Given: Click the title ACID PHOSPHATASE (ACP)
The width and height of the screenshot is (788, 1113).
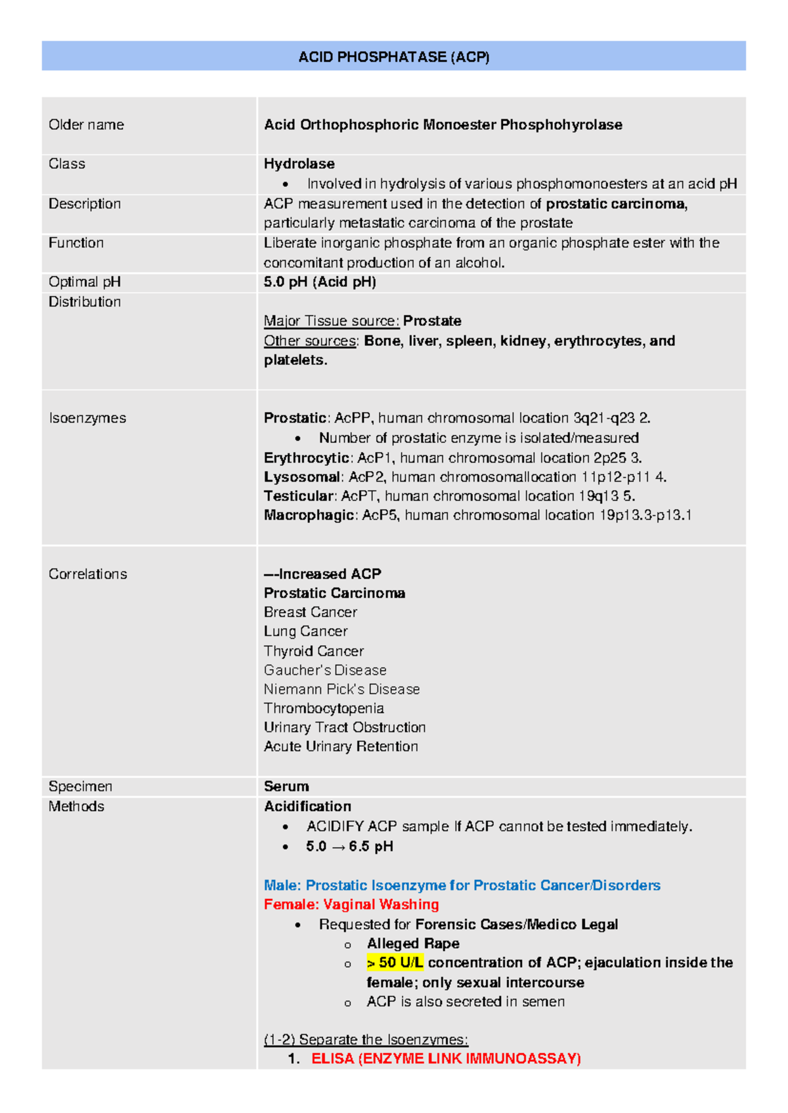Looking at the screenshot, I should [393, 57].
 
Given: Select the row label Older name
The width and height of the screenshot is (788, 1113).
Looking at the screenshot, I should [86, 125].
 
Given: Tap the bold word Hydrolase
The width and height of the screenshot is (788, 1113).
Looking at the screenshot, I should [299, 163].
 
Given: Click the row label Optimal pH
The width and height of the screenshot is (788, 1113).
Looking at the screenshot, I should [84, 282].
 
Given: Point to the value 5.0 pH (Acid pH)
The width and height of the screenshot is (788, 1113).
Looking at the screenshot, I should [320, 282].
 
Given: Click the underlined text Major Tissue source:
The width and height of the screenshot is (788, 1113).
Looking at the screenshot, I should [332, 321].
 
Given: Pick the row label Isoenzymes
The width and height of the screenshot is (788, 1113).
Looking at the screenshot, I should [87, 418].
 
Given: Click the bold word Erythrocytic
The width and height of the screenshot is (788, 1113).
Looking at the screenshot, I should [306, 457].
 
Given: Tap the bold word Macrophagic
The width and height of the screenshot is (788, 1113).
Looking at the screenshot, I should [309, 515].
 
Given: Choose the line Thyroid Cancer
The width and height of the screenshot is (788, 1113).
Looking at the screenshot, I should [313, 651].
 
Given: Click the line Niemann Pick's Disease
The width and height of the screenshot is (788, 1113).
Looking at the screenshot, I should [341, 689].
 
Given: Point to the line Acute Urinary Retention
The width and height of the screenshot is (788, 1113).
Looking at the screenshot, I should [341, 746].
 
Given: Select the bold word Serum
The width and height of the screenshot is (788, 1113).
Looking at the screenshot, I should [286, 786].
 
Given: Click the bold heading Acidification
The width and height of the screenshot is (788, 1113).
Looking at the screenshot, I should [307, 806].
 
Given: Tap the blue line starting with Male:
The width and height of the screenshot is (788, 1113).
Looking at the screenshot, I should [462, 885].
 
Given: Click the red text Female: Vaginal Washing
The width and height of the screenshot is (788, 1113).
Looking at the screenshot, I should [351, 904].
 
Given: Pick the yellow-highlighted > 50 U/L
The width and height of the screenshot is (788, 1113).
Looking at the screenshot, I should [395, 963].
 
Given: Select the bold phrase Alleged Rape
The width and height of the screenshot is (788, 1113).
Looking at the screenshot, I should [413, 943].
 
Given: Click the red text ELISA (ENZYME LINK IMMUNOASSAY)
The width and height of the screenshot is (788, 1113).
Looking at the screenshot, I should [446, 1059].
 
